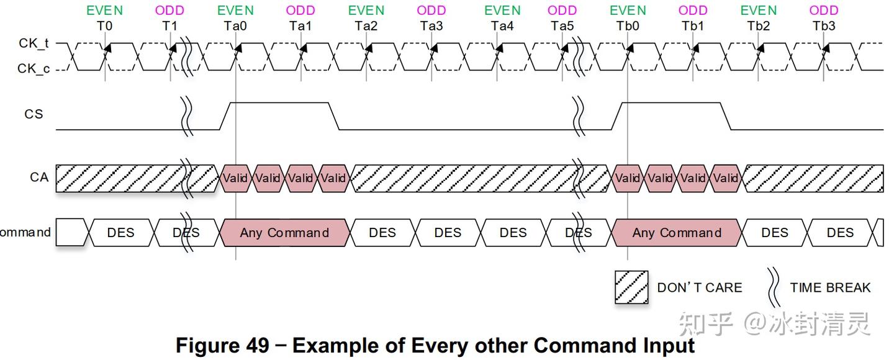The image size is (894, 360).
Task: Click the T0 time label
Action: tap(104, 26)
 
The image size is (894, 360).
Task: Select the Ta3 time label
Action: tap(431, 26)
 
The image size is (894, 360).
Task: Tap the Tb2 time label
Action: tap(758, 26)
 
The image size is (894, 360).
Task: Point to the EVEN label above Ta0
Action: tap(235, 11)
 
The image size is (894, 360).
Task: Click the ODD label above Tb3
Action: tap(824, 11)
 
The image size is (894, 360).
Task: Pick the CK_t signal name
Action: tap(34, 43)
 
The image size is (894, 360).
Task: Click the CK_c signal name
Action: tap(34, 69)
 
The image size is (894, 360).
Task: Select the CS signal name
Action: tap(34, 114)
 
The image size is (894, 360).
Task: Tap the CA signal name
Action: tap(39, 177)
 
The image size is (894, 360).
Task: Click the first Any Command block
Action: tap(284, 232)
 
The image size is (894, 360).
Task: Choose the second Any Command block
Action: tap(677, 232)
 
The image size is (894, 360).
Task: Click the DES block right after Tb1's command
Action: tap(775, 232)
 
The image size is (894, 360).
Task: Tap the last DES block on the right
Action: tap(840, 232)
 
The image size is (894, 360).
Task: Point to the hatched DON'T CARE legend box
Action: tap(631, 287)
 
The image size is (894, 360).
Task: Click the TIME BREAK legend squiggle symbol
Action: tap(774, 287)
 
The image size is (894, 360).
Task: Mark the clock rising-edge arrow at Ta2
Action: tap(369, 48)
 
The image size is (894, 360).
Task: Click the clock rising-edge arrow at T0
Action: tap(107, 48)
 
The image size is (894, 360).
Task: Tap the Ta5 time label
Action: tap(562, 26)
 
